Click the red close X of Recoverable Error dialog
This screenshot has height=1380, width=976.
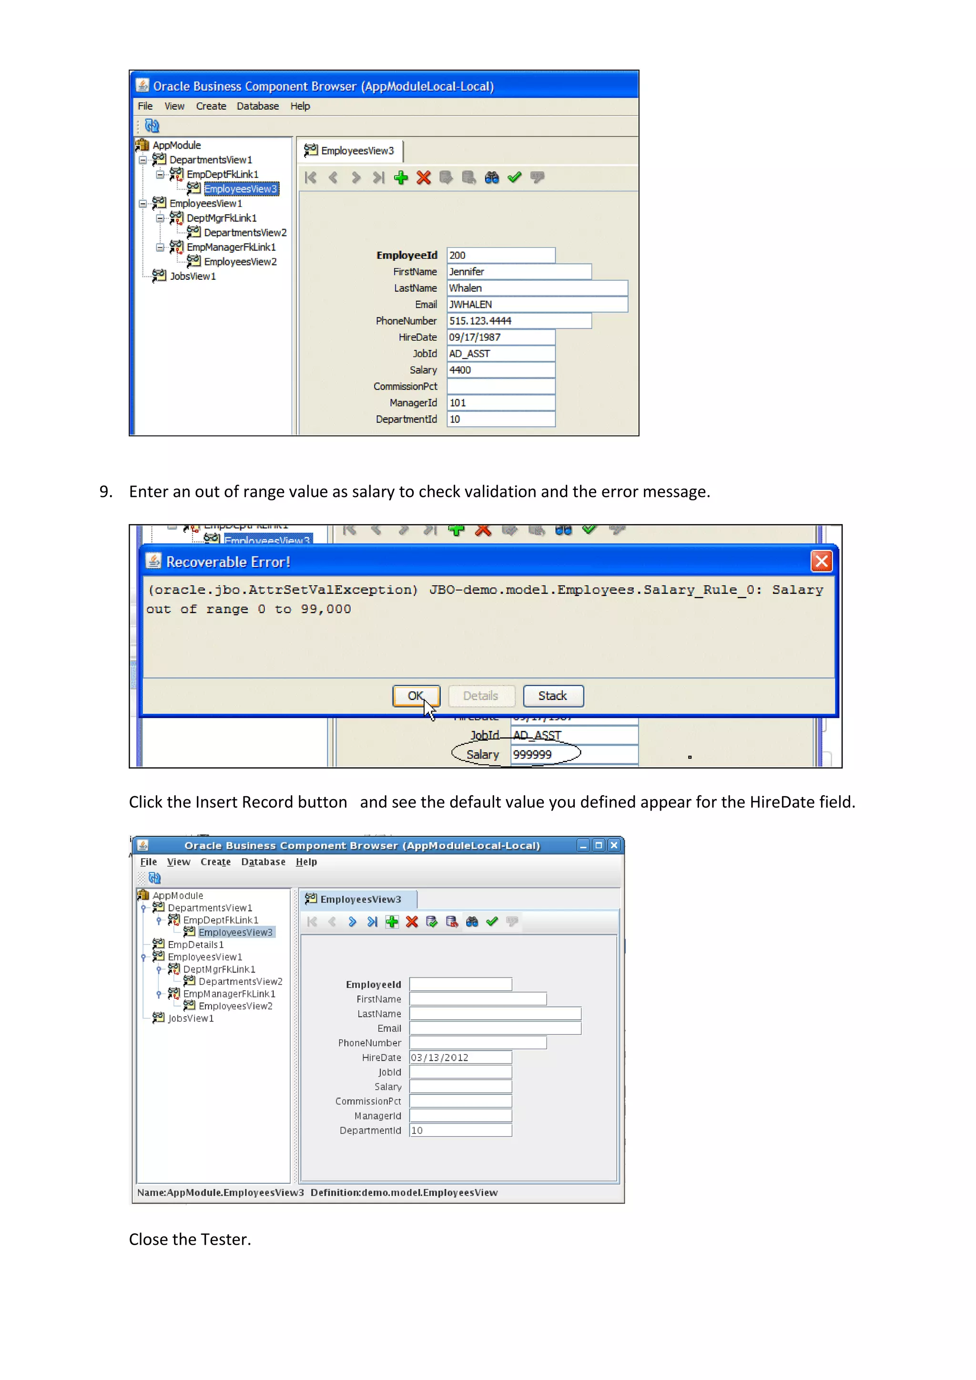coord(821,561)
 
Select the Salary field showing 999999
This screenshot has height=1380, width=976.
coord(573,754)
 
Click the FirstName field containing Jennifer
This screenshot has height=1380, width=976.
coord(518,272)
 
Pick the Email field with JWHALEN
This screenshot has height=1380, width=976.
coord(537,304)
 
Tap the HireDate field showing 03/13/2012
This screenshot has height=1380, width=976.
coord(460,1057)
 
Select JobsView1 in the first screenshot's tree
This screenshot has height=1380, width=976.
coord(193,276)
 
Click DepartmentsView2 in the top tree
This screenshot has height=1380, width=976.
coord(244,233)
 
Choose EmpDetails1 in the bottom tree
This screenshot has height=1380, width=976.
coord(195,944)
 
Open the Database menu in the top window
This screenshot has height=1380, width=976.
coord(257,106)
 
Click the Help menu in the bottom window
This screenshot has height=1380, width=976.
coord(306,862)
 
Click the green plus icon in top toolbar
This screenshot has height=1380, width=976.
coord(401,177)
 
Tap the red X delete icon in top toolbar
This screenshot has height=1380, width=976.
coord(424,177)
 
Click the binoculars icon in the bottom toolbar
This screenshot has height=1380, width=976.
coord(472,922)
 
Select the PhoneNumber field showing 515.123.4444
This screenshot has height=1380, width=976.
coord(518,321)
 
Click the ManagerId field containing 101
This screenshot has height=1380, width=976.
coord(500,403)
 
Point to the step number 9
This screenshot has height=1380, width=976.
coord(105,492)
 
